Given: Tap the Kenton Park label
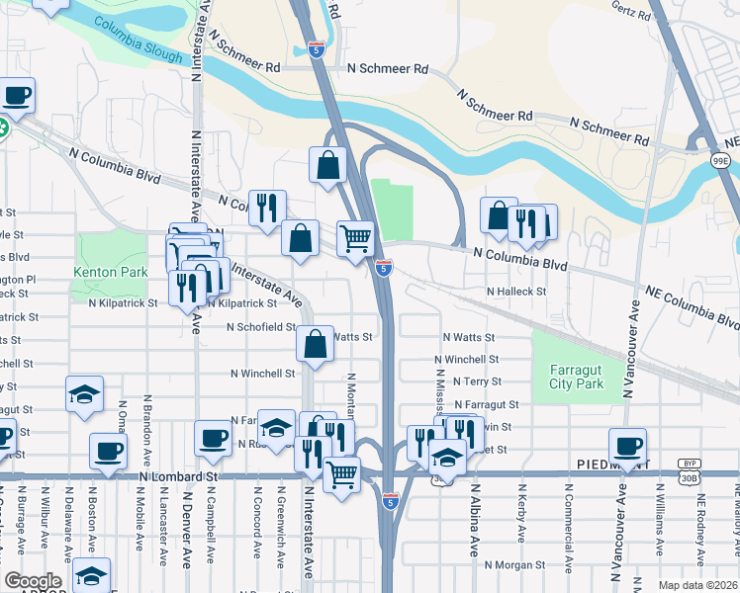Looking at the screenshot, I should click(x=110, y=272).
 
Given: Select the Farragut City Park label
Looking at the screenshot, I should click(x=576, y=377).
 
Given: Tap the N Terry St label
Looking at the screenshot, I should click(x=477, y=381).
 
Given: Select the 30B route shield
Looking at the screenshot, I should click(x=690, y=477).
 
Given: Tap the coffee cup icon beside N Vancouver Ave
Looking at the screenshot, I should click(x=627, y=446).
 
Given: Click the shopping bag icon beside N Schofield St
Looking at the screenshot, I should click(x=315, y=345).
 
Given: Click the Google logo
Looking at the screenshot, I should click(x=33, y=581).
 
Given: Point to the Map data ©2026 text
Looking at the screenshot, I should click(x=697, y=585).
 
